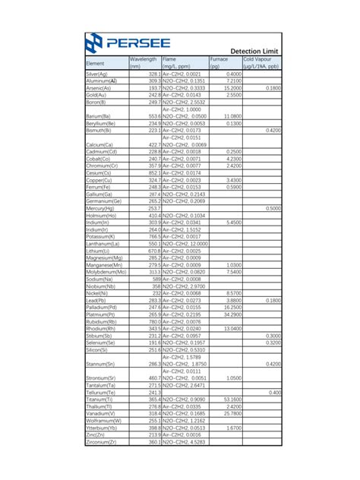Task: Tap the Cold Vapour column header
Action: [261, 62]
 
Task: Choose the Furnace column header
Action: [219, 62]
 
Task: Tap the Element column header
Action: [95, 63]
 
